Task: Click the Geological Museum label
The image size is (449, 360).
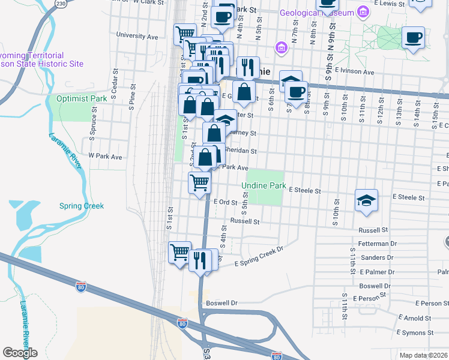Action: pos(316,12)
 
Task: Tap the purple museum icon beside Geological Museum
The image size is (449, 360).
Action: pos(363,12)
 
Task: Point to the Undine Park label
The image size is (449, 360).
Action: pos(264,186)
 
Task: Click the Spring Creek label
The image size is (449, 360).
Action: pos(82,206)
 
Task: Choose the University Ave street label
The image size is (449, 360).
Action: pos(137,36)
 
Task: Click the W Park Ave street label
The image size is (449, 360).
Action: pos(105,157)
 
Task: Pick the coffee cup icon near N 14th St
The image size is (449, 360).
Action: pos(413,39)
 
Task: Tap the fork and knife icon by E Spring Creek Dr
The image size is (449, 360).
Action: pos(199,260)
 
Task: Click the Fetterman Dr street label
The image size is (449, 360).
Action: pos(377,244)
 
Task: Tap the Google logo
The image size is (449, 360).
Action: pos(20,353)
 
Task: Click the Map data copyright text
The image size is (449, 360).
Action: pos(423,355)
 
